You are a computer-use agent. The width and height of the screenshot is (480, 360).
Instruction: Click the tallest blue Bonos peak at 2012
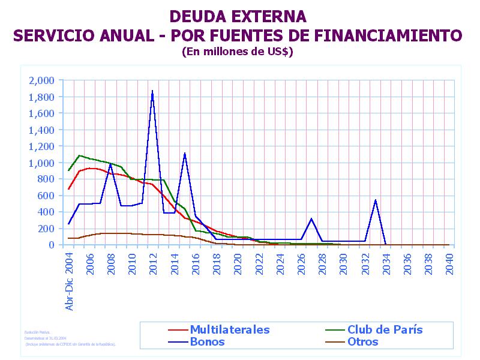152,91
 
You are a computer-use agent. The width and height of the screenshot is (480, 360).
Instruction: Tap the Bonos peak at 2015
184,154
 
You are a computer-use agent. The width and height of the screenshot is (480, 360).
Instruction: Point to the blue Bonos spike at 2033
375,200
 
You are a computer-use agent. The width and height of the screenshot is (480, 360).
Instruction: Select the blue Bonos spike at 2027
311,219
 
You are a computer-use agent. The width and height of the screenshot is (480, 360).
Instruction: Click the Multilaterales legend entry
229,329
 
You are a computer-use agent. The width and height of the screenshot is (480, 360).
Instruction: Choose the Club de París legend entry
385,329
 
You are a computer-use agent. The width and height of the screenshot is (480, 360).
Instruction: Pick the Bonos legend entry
207,342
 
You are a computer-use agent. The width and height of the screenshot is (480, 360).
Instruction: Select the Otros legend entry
362,342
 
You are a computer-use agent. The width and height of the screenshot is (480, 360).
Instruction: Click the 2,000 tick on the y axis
41,80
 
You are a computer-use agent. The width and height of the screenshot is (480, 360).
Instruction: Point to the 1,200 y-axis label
41,146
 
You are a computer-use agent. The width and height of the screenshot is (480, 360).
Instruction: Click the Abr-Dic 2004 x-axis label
69,281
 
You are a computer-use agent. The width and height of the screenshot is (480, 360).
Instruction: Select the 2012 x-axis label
153,263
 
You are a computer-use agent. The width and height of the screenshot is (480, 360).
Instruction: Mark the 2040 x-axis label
449,263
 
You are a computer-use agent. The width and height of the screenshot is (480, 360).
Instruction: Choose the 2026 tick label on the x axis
301,263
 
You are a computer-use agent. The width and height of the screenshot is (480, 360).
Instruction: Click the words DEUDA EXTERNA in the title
238,16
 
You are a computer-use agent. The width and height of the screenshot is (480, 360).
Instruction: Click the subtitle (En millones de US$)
237,52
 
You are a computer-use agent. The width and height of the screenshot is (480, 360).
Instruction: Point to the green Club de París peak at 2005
79,155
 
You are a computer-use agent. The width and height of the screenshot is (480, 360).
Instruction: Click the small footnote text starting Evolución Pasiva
37,332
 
